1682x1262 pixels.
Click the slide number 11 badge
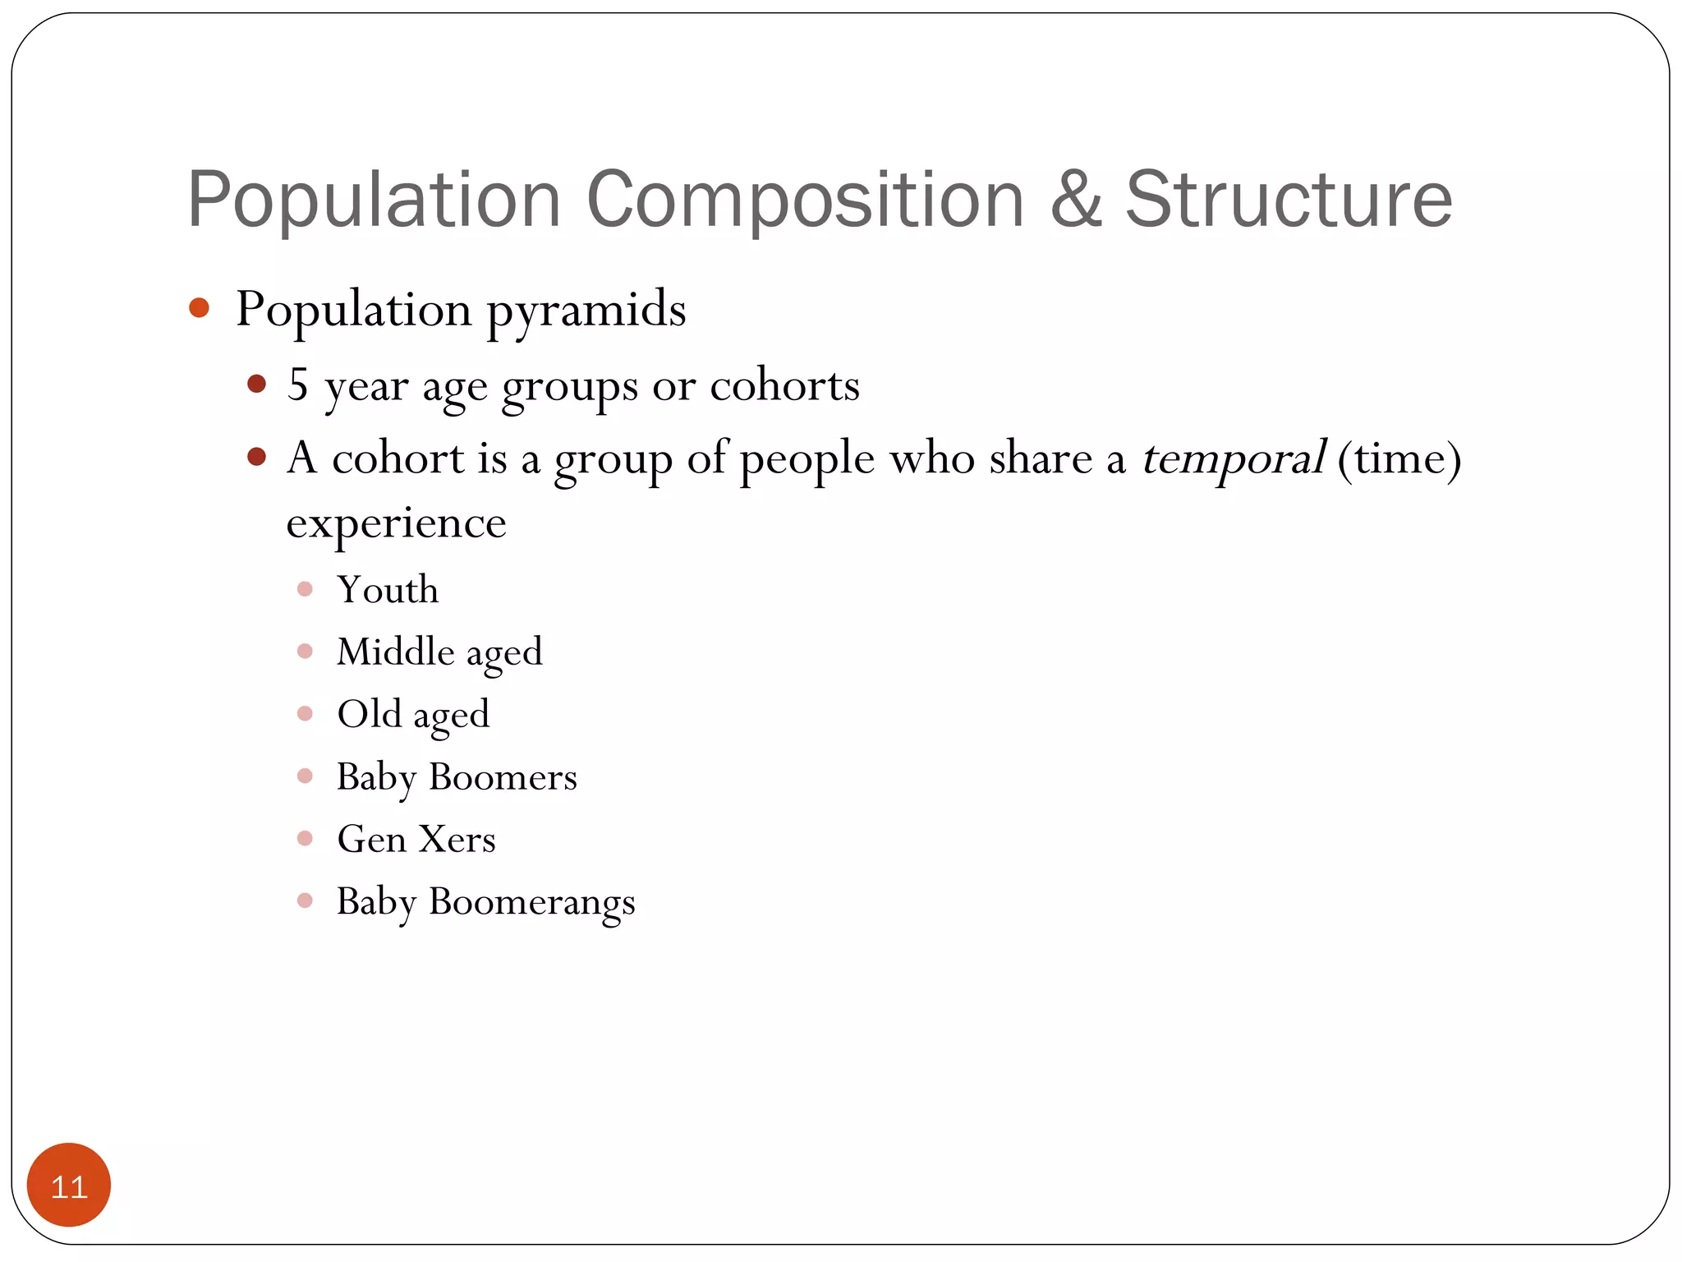coord(69,1185)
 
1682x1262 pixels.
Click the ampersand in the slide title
coord(1076,200)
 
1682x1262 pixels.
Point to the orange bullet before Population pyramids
coord(199,308)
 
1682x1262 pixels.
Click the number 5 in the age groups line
coord(297,384)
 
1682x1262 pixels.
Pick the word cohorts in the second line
coord(784,385)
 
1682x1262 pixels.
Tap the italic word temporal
coord(1232,458)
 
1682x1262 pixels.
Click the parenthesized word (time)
coord(1399,458)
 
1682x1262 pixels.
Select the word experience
coord(396,523)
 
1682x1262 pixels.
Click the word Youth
coord(388,590)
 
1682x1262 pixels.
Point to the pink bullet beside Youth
coord(305,589)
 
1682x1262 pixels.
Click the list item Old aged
coord(413,715)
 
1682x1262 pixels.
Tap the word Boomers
coord(503,776)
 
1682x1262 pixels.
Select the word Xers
coord(457,839)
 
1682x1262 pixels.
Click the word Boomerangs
coord(531,902)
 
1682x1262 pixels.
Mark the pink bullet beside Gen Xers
coord(305,838)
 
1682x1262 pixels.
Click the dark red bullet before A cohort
coord(257,457)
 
